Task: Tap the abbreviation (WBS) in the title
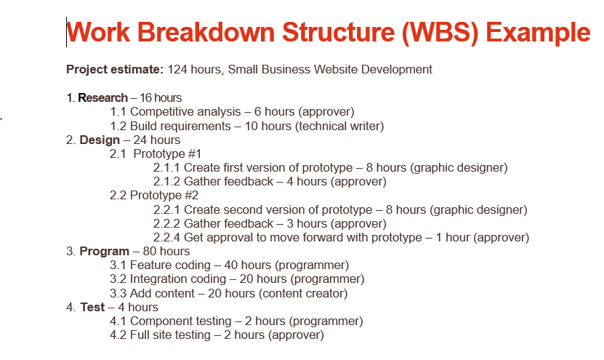pos(440,33)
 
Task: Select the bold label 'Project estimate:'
pos(115,69)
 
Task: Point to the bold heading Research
pos(103,97)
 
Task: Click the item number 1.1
pos(118,111)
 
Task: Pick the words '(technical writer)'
pos(339,126)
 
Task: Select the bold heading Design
pos(100,140)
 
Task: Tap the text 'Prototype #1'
pos(167,153)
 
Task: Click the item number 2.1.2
pos(166,181)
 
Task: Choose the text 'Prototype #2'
pos(164,195)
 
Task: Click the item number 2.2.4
pos(166,237)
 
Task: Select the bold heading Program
pos(104,251)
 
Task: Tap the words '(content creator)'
pos(303,293)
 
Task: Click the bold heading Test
pos(92,307)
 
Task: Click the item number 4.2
pos(118,335)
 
